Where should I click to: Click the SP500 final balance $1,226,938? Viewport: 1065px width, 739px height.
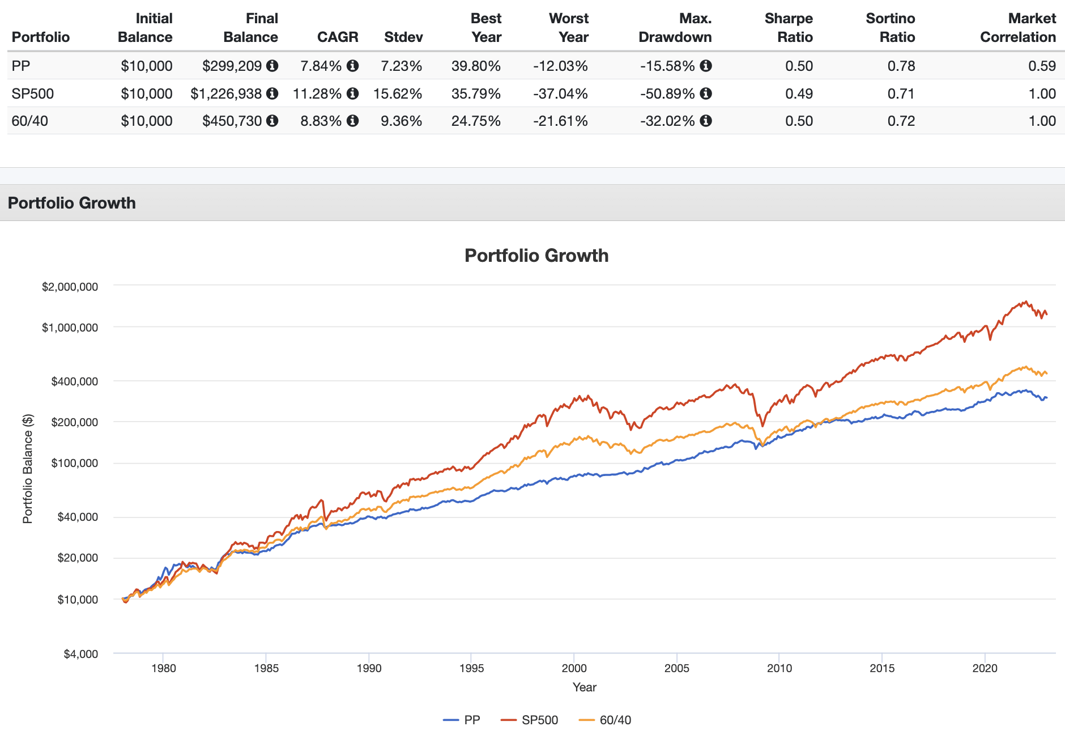226,94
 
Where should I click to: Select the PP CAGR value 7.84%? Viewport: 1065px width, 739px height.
321,66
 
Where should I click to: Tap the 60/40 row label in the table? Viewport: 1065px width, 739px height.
29,121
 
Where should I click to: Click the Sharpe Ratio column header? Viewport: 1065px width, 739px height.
789,28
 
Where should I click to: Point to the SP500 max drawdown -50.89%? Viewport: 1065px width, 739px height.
667,94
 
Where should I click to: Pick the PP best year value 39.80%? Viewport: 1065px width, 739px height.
476,66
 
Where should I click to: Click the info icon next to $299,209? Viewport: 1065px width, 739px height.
272,66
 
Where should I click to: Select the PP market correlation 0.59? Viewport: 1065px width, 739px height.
1042,66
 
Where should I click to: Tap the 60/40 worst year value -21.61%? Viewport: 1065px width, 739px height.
560,121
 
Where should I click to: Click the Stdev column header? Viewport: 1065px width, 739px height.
403,37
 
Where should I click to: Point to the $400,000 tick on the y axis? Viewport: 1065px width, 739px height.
74,381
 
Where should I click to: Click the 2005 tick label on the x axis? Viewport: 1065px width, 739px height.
676,668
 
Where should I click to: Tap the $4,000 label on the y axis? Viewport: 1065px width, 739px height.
80,654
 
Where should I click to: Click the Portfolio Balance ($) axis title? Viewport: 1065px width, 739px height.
28,469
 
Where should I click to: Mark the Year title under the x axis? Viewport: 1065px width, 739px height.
584,687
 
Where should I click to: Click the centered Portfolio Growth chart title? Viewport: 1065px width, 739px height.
536,256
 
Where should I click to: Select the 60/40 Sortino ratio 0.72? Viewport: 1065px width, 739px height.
901,121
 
